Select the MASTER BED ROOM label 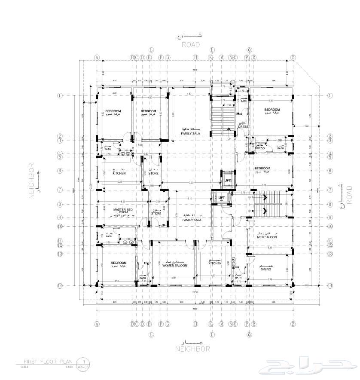point(120,211)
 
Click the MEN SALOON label point(267,237)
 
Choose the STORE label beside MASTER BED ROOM point(156,213)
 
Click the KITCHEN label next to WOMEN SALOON point(215,263)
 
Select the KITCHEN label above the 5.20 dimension point(119,173)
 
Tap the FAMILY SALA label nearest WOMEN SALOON point(191,219)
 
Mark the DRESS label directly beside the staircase point(243,126)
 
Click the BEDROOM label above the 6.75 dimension point(262,168)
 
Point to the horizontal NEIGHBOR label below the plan point(192,349)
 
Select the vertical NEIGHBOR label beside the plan point(31,181)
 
